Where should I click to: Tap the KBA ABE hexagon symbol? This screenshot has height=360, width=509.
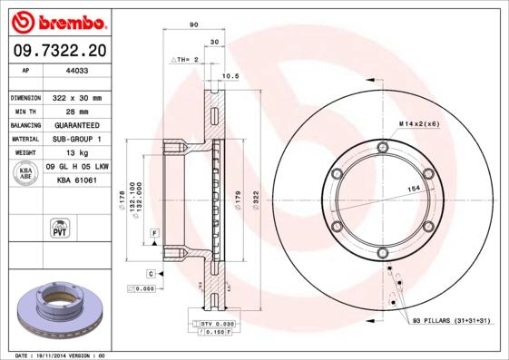25,174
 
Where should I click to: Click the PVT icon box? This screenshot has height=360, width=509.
59,229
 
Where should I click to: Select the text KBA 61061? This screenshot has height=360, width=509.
77,181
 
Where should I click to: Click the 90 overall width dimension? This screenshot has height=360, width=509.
193,25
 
